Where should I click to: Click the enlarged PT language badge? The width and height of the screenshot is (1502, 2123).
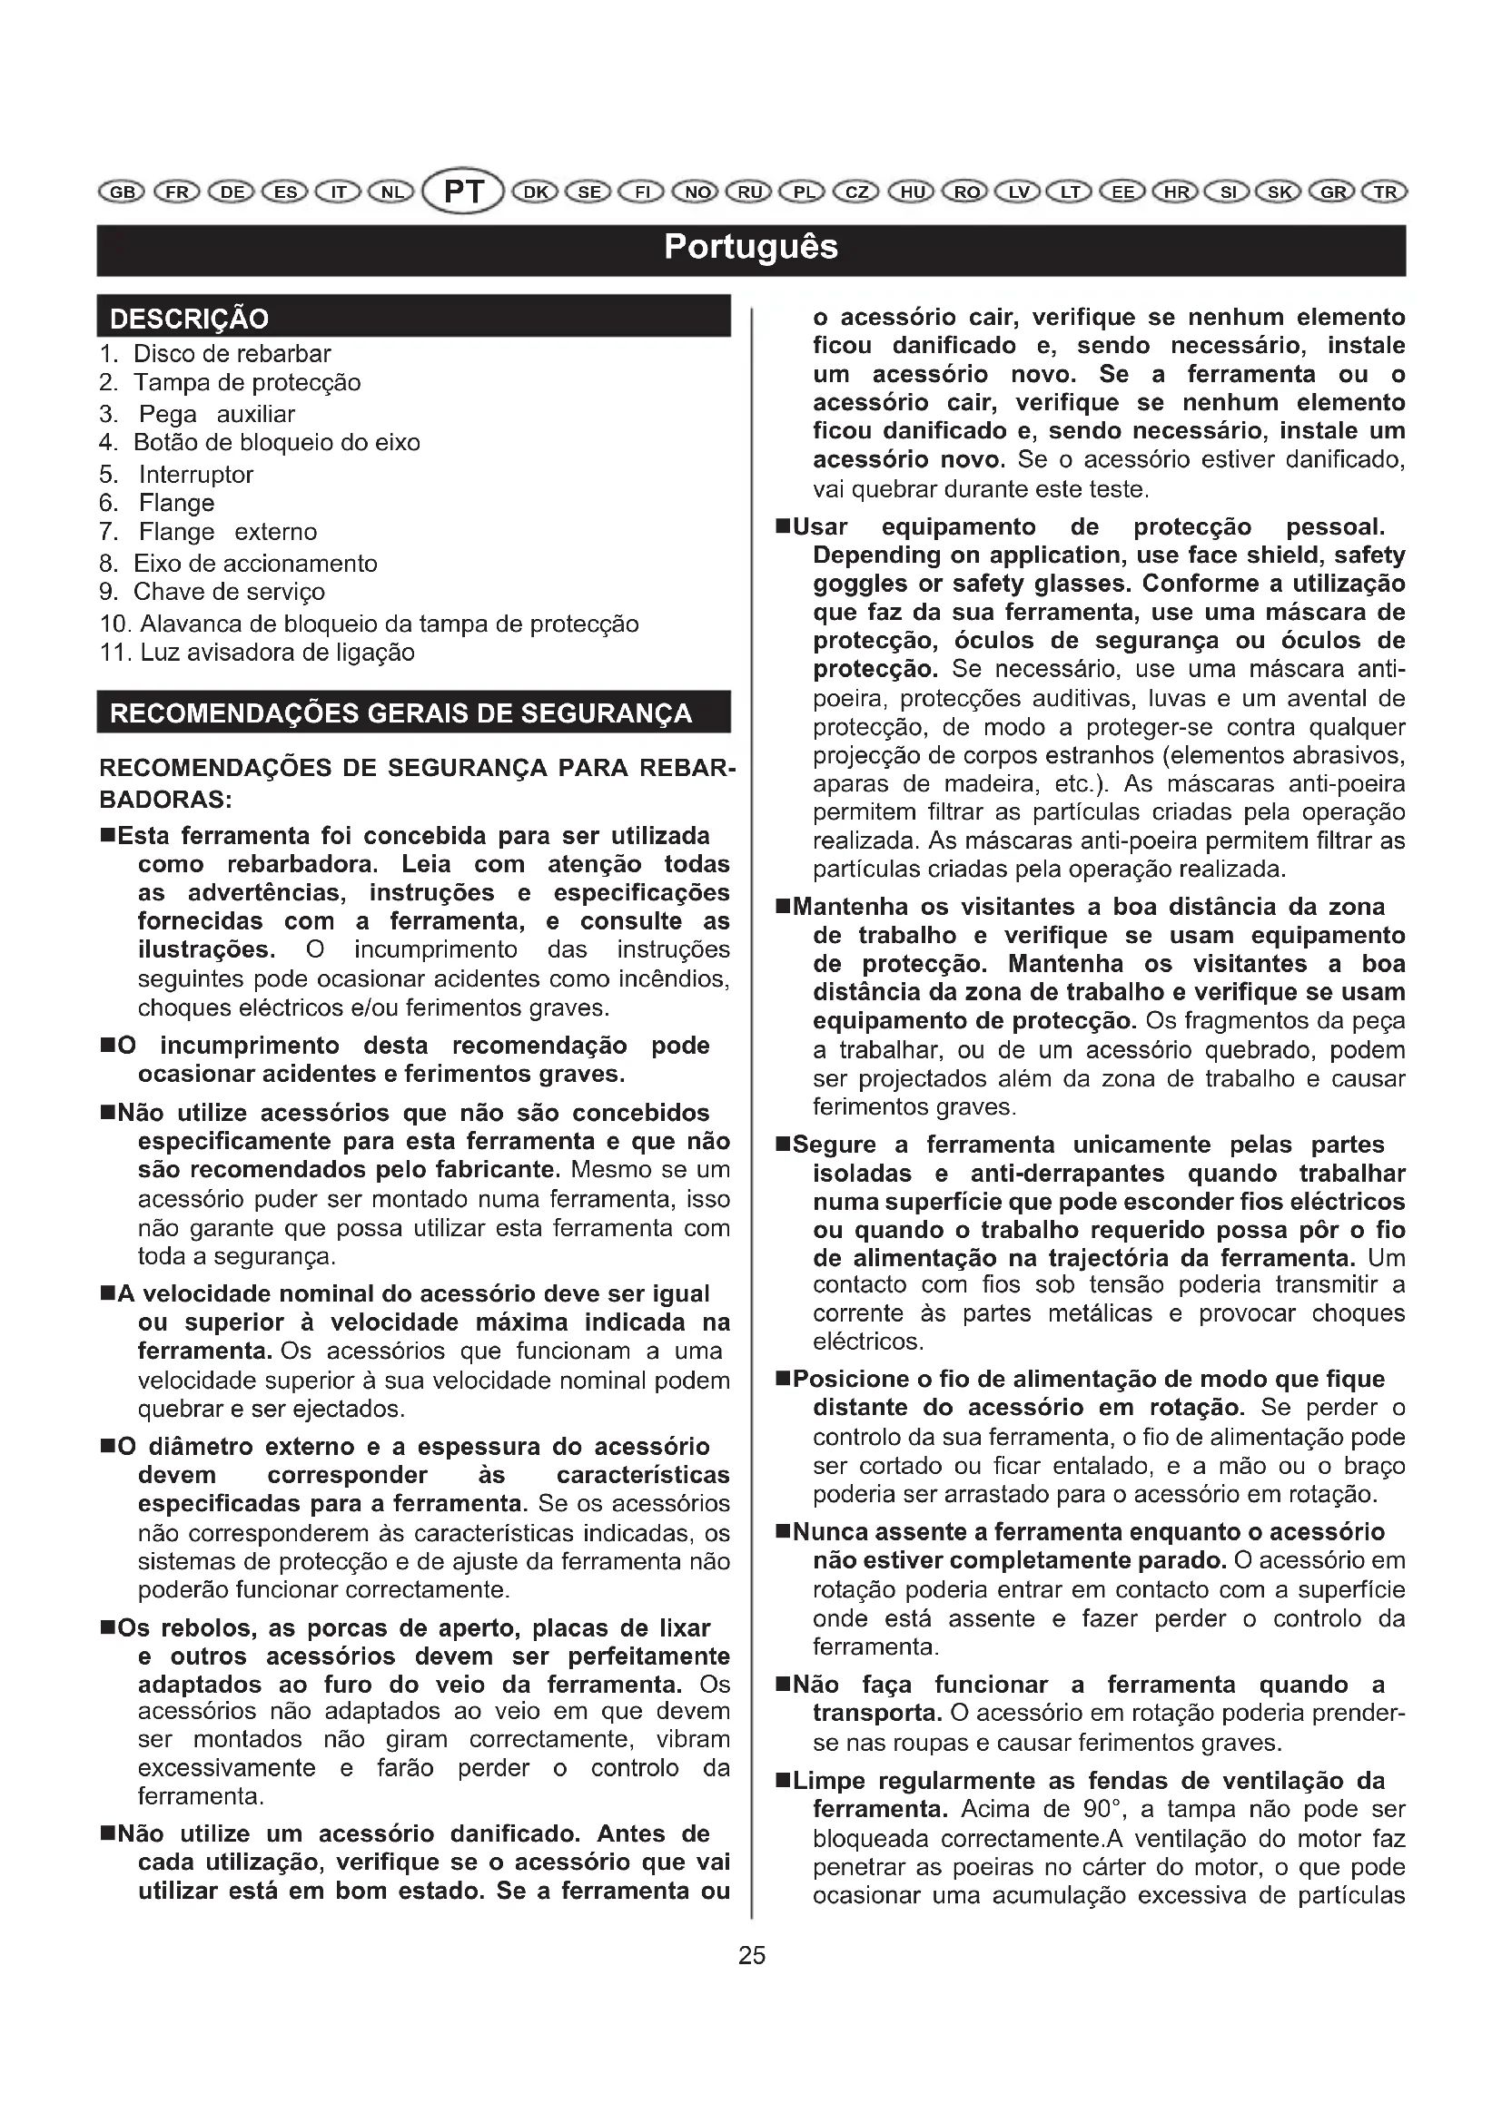point(463,192)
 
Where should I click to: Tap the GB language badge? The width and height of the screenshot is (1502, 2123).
point(121,192)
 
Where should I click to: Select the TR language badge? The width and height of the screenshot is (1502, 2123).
point(1384,192)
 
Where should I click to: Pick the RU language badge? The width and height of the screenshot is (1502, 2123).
point(750,192)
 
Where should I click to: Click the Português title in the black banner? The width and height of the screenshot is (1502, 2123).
point(751,248)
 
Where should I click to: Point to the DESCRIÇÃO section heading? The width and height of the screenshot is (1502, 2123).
point(190,319)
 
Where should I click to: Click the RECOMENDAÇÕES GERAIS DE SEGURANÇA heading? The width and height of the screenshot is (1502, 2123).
point(400,713)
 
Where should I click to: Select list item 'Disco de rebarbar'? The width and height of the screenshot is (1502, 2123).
point(232,354)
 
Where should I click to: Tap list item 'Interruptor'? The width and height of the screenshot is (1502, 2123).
point(196,475)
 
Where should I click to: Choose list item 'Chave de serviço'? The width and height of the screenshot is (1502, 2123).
point(230,592)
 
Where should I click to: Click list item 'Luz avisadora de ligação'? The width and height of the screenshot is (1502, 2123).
point(278,653)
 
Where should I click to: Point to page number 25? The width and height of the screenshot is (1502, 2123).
point(752,1955)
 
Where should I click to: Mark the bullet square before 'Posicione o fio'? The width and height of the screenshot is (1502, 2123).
point(783,1380)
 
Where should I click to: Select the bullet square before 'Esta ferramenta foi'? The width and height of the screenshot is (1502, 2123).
point(107,837)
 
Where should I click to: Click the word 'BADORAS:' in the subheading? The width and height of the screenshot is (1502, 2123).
point(165,799)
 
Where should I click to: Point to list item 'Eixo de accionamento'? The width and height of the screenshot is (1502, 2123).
point(255,564)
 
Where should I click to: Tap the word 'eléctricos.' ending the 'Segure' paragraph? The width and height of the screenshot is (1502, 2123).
point(868,1342)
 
